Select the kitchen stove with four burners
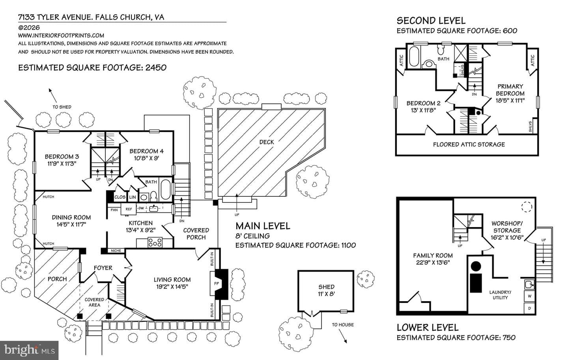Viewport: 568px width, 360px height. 155,242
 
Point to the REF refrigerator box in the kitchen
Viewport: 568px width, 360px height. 129,209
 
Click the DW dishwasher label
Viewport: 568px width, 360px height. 141,208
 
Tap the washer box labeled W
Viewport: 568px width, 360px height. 529,296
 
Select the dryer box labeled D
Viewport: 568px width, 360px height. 529,308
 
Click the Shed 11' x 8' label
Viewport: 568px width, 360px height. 326,290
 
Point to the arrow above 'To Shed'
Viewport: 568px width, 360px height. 53,95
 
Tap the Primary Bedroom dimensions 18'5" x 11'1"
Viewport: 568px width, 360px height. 510,101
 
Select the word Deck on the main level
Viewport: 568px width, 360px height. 267,142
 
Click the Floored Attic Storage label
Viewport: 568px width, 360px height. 469,144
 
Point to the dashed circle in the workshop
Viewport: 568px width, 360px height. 527,207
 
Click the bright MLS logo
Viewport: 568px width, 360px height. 29,351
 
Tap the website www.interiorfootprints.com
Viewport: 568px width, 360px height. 61,35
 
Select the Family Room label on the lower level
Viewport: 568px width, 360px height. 433,256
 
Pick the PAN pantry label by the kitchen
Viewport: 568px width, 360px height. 114,210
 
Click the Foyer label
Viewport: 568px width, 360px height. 103,268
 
